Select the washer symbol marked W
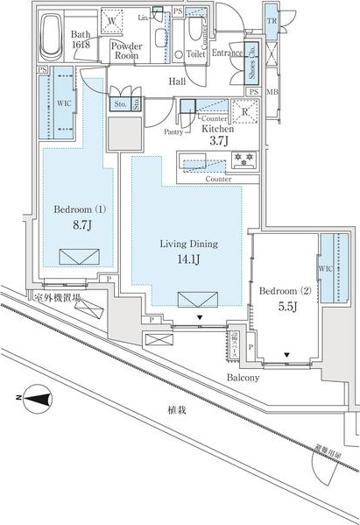tap(112, 21)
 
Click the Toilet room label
tap(195, 53)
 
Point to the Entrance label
tap(226, 53)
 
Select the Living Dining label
tap(187, 244)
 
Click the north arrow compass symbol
tap(35, 400)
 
